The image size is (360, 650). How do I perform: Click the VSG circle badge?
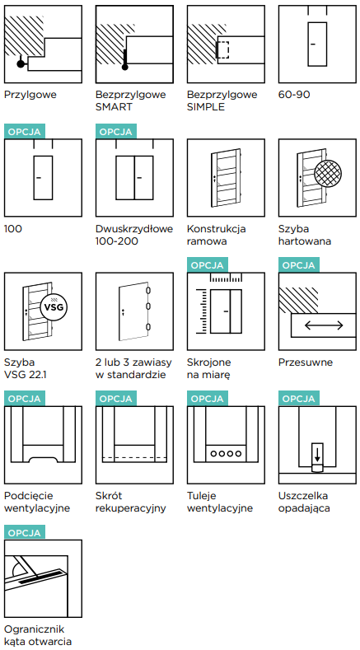pos(54,307)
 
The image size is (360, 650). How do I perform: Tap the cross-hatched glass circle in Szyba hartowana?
pos(329,173)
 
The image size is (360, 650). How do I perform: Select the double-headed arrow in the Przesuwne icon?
pos(324,325)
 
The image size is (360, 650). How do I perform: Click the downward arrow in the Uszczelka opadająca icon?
pos(317,454)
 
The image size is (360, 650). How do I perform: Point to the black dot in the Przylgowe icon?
pos(21,63)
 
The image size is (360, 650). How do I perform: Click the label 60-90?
pos(294,95)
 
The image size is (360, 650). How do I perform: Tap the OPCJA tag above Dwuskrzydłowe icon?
pos(115,132)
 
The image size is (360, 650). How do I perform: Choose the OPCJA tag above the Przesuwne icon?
pos(298,265)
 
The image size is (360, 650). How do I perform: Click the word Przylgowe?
pos(30,95)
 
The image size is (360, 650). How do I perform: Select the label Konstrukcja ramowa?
pos(216,235)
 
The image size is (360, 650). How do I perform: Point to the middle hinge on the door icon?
pos(147,307)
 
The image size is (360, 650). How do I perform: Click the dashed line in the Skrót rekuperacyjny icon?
pos(134,458)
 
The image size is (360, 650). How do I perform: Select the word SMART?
pos(114,106)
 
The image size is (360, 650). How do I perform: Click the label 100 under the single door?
pos(13,228)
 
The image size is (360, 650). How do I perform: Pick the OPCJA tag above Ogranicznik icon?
pos(25,532)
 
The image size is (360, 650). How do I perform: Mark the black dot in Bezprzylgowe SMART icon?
pos(125,67)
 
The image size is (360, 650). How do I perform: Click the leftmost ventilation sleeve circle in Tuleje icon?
pos(213,453)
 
